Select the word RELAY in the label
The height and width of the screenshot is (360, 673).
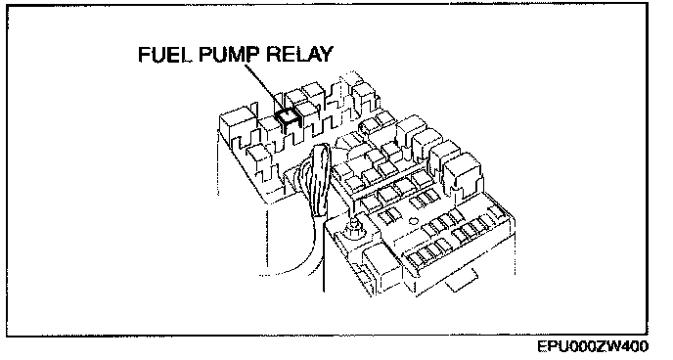299,55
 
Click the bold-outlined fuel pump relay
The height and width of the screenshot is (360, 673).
288,116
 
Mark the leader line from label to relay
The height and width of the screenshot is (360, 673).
264,87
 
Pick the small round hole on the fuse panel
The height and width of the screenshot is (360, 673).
413,222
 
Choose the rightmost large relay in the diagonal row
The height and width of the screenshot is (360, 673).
463,171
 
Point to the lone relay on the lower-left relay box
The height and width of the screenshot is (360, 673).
258,157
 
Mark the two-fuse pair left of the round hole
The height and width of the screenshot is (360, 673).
388,216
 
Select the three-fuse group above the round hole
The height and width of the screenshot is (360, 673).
423,198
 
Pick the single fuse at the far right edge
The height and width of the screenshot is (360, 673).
497,211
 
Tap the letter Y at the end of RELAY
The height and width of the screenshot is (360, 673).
326,55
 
